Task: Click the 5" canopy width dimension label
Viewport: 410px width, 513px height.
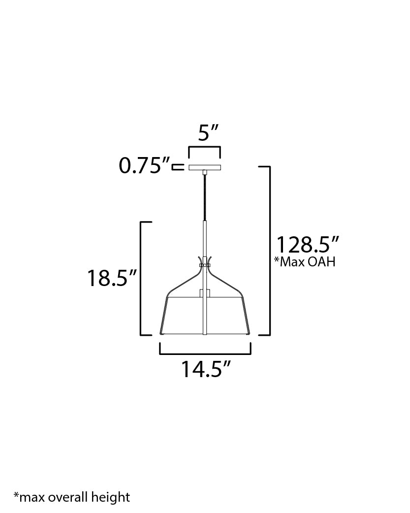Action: pyautogui.click(x=208, y=133)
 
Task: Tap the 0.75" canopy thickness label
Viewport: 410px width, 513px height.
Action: pyautogui.click(x=144, y=165)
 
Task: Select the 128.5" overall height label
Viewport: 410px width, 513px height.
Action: pyautogui.click(x=308, y=244)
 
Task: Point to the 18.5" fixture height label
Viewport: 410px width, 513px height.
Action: pyautogui.click(x=112, y=278)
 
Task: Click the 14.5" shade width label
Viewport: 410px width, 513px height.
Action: pyautogui.click(x=206, y=369)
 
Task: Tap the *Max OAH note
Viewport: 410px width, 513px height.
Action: pyautogui.click(x=305, y=262)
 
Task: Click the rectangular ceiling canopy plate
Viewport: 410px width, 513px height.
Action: pyautogui.click(x=205, y=167)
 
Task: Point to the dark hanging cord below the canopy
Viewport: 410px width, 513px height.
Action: pyautogui.click(x=205, y=197)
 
